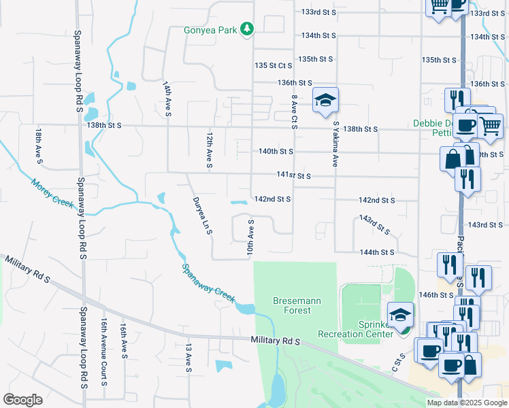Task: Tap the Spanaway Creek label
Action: click(x=209, y=282)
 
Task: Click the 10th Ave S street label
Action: click(x=251, y=239)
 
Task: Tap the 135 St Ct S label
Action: click(x=273, y=65)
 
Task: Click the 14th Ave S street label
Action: click(x=167, y=98)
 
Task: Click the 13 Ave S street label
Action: click(x=188, y=358)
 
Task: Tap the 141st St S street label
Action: click(x=293, y=175)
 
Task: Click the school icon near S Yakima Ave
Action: click(x=325, y=101)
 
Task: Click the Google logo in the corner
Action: click(x=22, y=400)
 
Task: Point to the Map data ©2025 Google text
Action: click(x=467, y=403)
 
